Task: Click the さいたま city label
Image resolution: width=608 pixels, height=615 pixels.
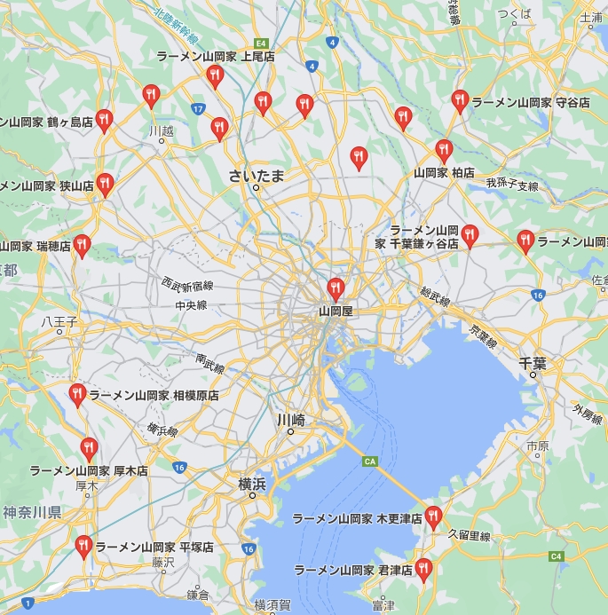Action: (257, 175)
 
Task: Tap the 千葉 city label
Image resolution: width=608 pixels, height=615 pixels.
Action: (533, 363)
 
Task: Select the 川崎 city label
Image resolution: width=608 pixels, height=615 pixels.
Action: (290, 420)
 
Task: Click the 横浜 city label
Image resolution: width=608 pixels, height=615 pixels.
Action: (252, 484)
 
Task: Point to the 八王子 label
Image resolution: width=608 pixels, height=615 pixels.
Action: (60, 322)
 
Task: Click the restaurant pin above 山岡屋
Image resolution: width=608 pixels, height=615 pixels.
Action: (336, 288)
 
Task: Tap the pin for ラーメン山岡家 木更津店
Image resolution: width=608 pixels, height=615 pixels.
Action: (433, 516)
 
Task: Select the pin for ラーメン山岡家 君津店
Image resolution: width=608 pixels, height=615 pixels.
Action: (424, 567)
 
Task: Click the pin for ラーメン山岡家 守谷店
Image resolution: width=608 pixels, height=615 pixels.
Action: (460, 100)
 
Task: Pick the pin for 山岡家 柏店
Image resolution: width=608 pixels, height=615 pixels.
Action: (444, 150)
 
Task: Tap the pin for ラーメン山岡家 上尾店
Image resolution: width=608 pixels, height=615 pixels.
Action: (215, 76)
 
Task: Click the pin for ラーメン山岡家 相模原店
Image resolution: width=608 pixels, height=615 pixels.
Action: (77, 393)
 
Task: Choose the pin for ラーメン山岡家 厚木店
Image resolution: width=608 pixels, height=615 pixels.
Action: (89, 447)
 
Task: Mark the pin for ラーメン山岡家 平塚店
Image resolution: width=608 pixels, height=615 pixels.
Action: (83, 545)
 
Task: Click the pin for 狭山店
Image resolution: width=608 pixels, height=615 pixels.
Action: (105, 184)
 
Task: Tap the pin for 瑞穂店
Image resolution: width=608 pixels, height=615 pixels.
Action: (82, 245)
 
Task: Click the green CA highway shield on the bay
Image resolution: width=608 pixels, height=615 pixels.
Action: (370, 461)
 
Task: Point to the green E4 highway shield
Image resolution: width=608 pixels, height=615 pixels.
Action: (261, 43)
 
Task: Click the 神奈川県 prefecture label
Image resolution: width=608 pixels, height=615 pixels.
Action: (31, 512)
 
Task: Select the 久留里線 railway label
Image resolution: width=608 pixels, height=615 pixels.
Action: (470, 535)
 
